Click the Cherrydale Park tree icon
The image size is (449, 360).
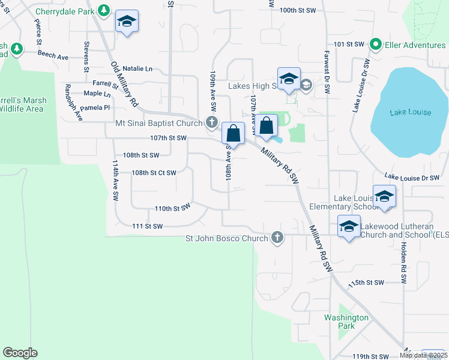click(104, 10)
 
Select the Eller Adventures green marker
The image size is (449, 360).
click(376, 44)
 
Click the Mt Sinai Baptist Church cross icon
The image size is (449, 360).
click(211, 122)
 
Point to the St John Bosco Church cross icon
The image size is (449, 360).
click(277, 238)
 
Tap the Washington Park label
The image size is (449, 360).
click(346, 322)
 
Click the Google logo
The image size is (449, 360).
click(20, 353)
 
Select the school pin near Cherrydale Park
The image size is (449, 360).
click(127, 22)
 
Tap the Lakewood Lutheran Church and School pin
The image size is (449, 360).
click(349, 227)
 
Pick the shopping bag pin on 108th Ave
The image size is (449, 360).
click(233, 133)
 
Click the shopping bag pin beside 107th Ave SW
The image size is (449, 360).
click(267, 127)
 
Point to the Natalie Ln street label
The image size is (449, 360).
click(137, 69)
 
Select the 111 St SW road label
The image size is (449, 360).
click(148, 226)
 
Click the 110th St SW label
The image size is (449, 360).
click(172, 208)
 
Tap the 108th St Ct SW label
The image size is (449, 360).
click(154, 173)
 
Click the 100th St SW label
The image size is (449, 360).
click(297, 10)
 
